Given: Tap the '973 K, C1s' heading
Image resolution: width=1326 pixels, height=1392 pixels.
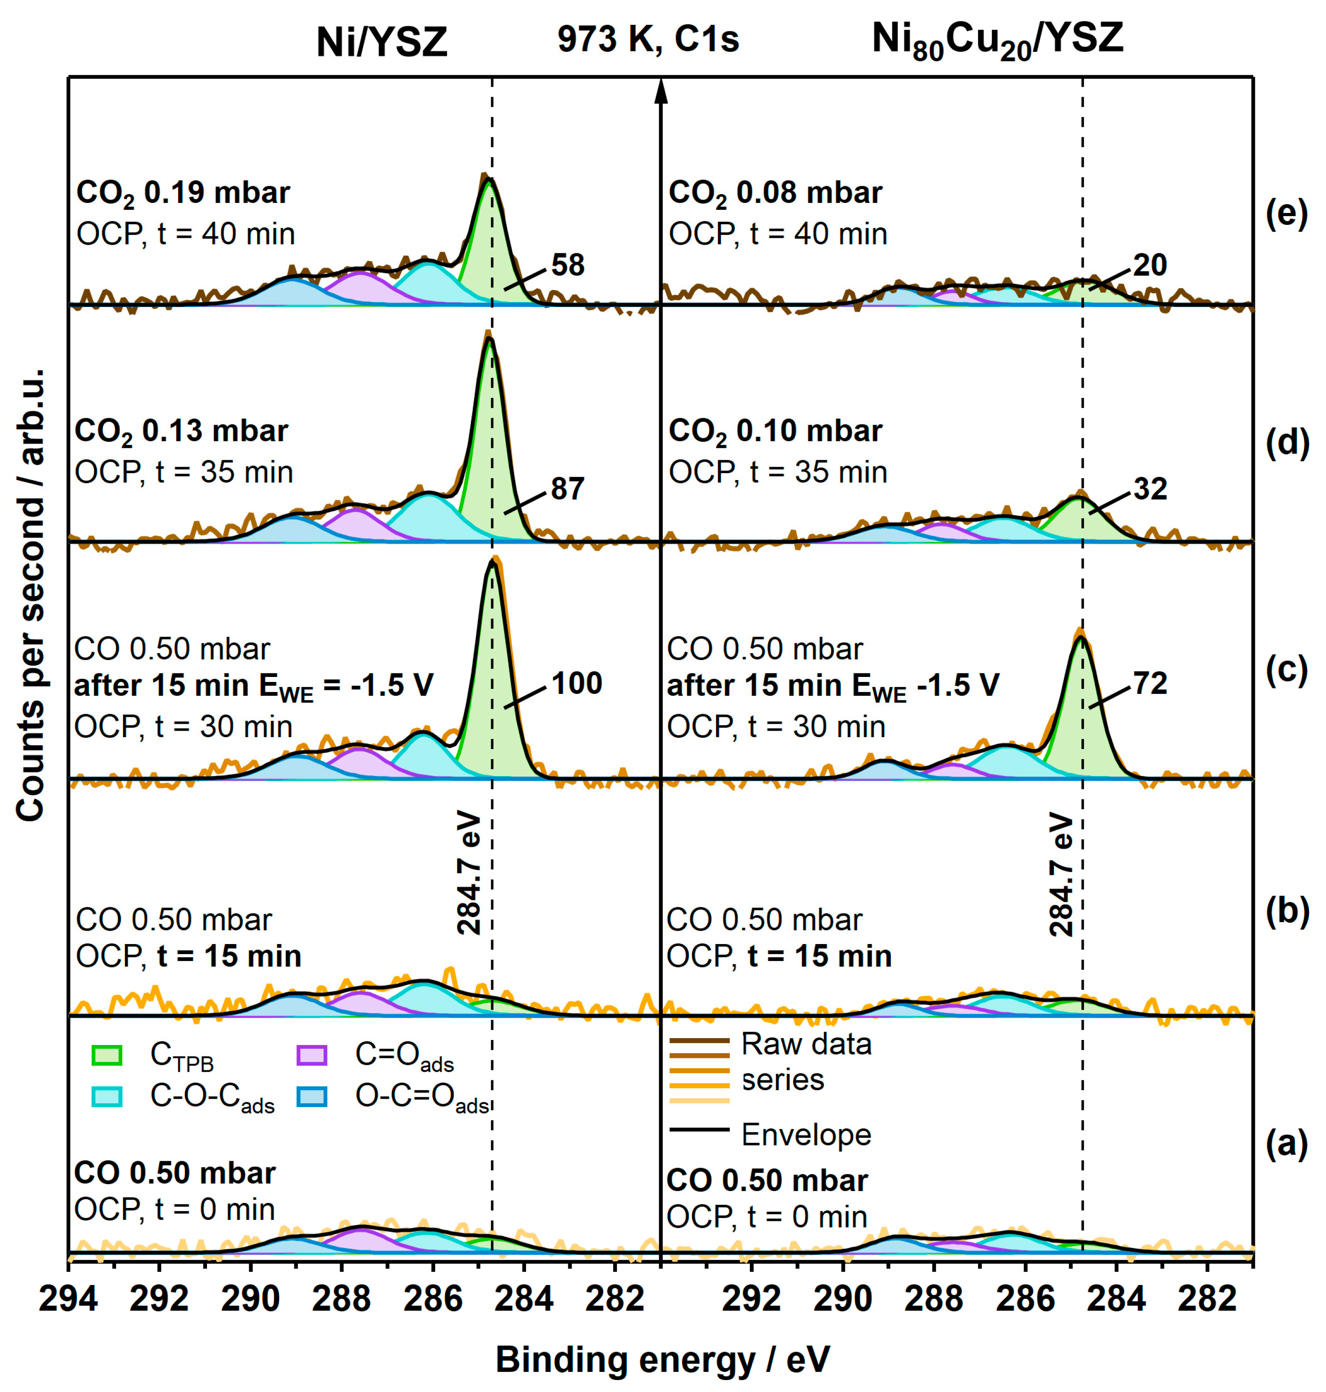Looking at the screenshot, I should pos(648,39).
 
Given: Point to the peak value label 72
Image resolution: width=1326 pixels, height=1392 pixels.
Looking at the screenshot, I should pos(1150,683).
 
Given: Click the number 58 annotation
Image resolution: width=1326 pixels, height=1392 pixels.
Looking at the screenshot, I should pos(568,265).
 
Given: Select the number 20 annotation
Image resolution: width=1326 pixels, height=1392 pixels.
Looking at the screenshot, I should pos(1150,265).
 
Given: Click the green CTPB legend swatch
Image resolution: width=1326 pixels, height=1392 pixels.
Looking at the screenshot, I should pos(107,1056).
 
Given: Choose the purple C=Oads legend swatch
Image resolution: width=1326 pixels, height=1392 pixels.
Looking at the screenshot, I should pos(312,1056).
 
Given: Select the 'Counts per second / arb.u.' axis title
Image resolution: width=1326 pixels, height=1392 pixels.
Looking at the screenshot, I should pos(31,594).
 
